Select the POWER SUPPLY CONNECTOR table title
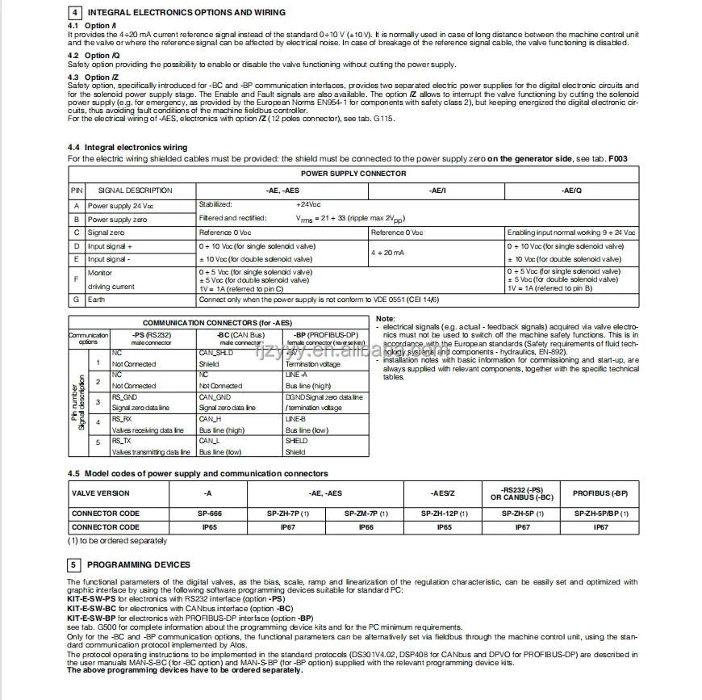pos(353,174)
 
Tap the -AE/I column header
pos(437,191)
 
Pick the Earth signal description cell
pos(97,300)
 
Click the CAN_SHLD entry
pos(215,353)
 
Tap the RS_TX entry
pos(121,442)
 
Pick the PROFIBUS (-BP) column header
pos(600,493)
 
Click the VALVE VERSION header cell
pos(100,493)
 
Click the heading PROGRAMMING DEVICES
pos(139,564)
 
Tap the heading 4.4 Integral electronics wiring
pos(127,148)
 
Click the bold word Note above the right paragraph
pos(385,319)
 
